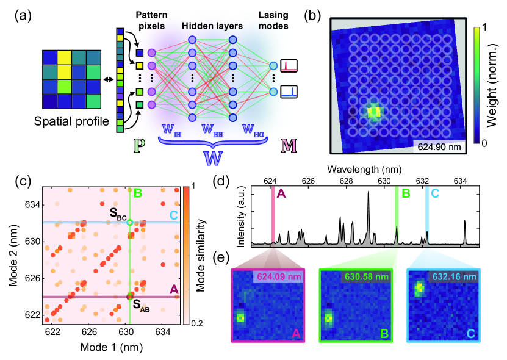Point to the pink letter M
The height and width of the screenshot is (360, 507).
tap(289, 145)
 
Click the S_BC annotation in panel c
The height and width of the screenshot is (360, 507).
tap(116, 213)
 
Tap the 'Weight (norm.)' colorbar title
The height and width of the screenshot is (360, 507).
tap(492, 85)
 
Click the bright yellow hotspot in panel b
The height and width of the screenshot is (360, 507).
tap(374, 112)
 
